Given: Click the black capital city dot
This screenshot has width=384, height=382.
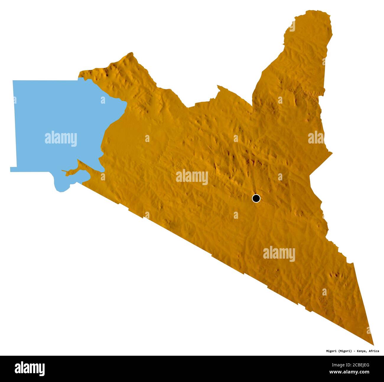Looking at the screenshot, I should pos(256,198).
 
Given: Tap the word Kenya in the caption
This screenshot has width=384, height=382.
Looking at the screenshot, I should pos(361,351).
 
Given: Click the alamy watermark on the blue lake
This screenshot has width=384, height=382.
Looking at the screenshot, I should pos(61,139).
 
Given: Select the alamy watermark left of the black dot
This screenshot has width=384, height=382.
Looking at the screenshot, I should pos(192,177).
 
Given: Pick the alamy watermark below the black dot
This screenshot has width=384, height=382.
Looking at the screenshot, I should pos(279,254).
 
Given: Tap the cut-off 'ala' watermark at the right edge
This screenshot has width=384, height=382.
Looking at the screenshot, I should pos(316,138).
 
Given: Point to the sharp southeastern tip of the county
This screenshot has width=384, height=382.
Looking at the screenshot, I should pos(373,344).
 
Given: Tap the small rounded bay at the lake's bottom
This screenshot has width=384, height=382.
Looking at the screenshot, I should pos(61,188).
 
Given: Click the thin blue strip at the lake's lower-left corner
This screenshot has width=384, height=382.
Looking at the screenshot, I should pos(13,169).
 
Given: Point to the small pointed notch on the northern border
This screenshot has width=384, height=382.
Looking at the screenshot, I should pos(218,86).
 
